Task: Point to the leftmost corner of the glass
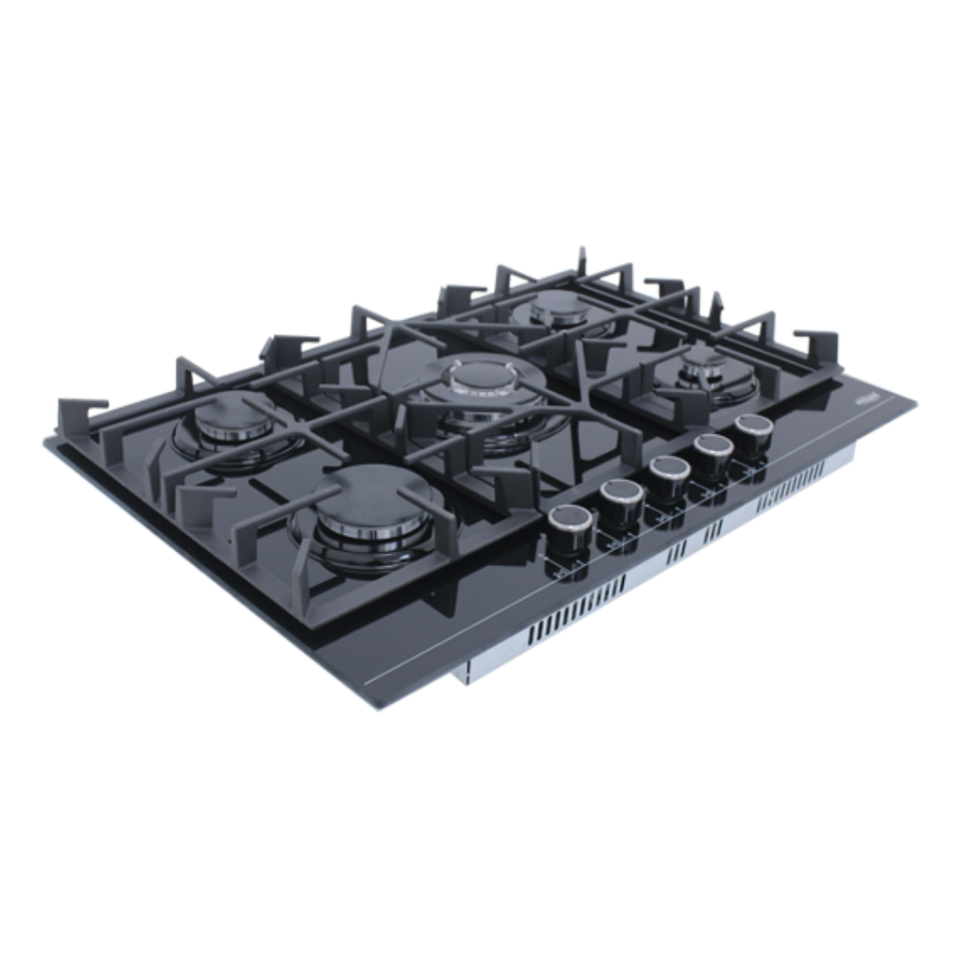[x=47, y=442]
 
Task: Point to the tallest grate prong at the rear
[x=581, y=259]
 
